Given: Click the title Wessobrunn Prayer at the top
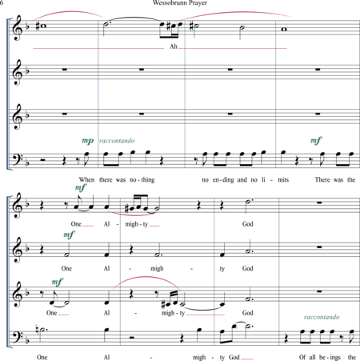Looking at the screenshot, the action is (x=180, y=3).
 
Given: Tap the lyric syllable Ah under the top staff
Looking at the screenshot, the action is (x=174, y=46).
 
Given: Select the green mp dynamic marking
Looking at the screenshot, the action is (x=88, y=141).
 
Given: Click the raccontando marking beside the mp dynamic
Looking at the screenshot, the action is (x=117, y=141).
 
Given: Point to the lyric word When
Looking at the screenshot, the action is (x=86, y=179).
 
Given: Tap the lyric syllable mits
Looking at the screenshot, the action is (x=283, y=180).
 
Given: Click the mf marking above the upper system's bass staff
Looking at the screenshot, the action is (x=316, y=140).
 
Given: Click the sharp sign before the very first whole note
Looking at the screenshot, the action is (x=38, y=26).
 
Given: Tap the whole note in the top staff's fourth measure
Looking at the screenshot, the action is (x=284, y=30).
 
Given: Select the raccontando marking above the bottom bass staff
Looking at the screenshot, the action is (x=322, y=317).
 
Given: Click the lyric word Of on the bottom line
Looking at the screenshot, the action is (x=302, y=357).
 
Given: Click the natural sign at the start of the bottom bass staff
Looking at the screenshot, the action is (x=37, y=331).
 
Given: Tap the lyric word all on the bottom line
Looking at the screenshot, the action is (x=312, y=357).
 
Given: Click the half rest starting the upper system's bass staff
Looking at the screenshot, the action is (x=42, y=160).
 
